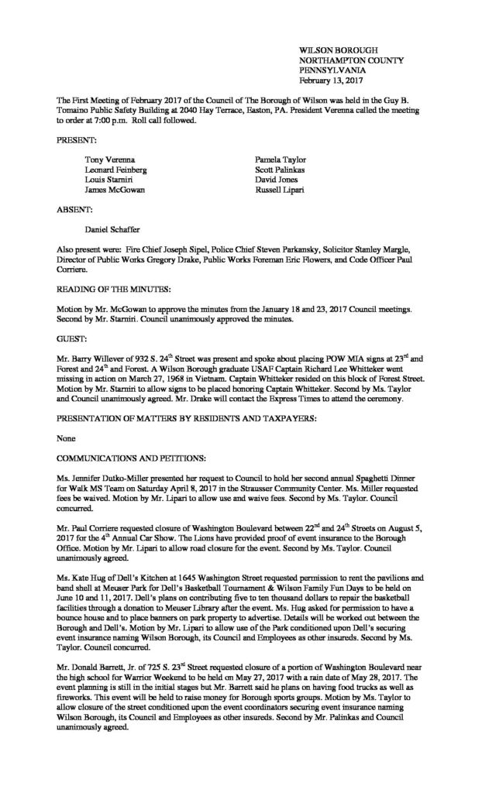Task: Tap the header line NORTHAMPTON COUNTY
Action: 344,59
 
